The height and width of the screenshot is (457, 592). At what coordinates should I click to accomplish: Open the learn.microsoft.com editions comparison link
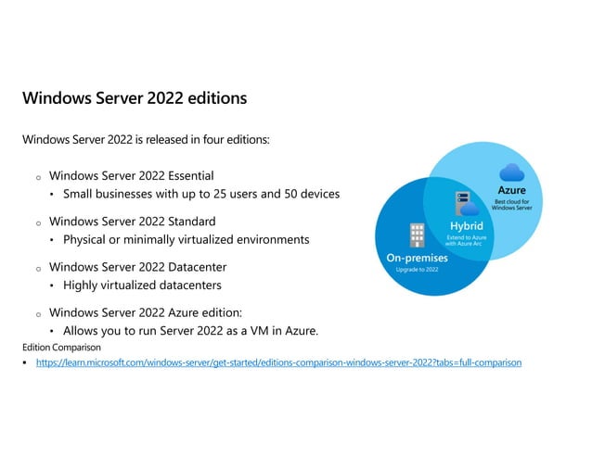pos(278,362)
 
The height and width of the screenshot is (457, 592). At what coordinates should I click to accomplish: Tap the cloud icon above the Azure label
pos(511,172)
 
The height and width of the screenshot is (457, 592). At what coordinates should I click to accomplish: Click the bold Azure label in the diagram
pos(511,190)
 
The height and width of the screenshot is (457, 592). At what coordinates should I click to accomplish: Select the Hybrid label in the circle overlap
pos(466,225)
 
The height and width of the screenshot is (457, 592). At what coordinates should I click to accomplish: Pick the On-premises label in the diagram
pos(417,258)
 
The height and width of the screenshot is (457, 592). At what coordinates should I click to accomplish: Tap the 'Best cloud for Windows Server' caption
pos(511,204)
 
